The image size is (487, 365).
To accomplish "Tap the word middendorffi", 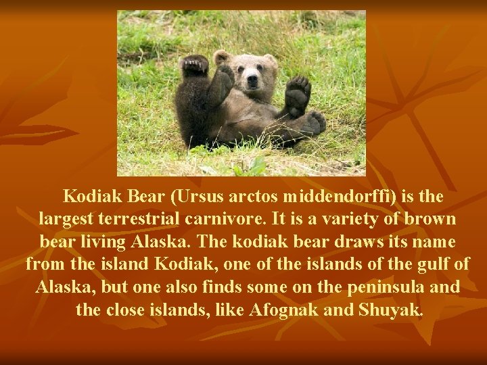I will point(340,197).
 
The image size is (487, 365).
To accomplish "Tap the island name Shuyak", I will point(394,310).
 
